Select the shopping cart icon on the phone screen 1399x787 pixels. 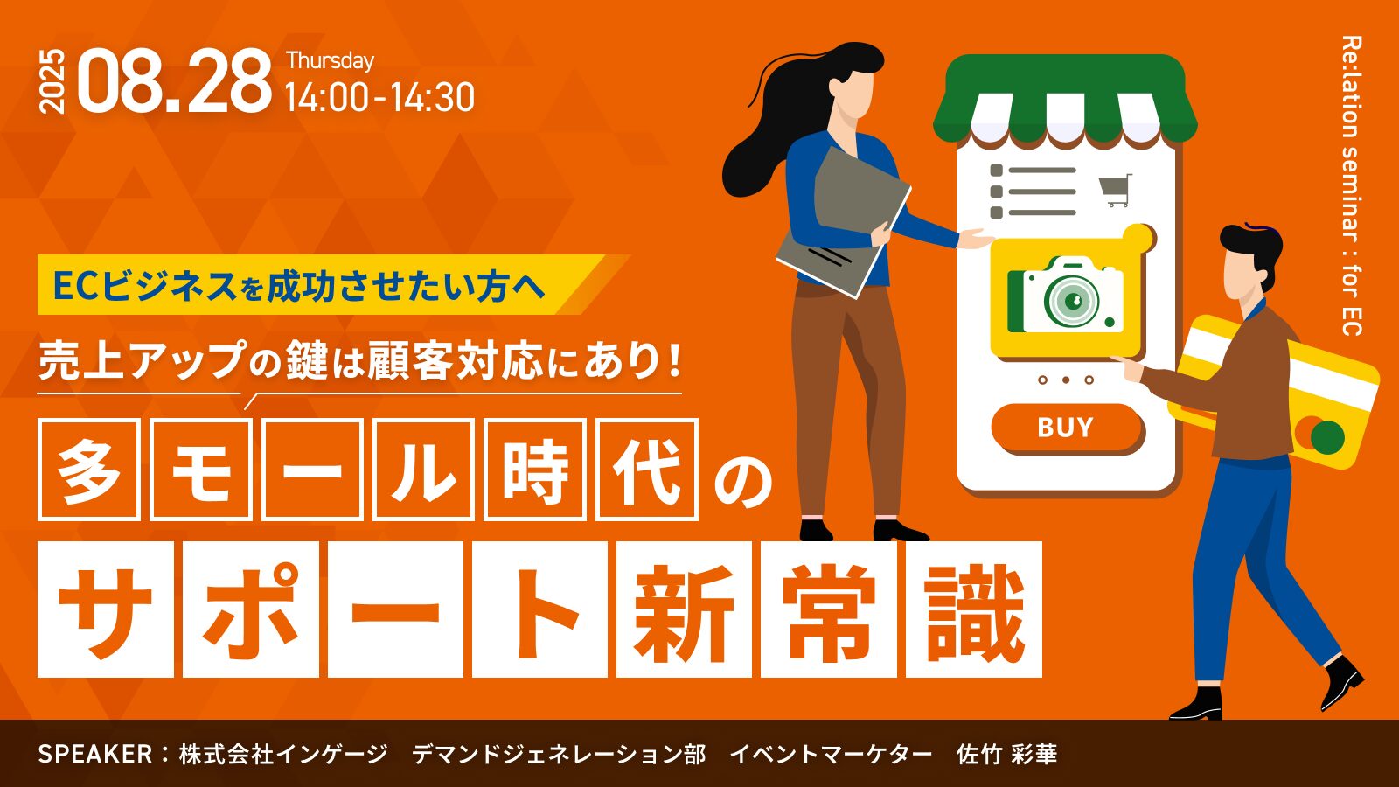[x=1116, y=190]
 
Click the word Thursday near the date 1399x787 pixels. [x=330, y=61]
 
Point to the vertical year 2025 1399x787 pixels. [x=52, y=81]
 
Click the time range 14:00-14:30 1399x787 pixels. [x=379, y=98]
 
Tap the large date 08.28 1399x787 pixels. [x=175, y=81]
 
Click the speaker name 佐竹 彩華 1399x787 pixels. [x=1006, y=754]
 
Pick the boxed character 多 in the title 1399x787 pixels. [x=88, y=470]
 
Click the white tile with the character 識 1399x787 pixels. [x=974, y=609]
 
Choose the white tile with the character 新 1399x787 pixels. [x=684, y=609]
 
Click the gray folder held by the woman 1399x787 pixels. [x=843, y=222]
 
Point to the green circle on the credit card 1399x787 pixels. [x=1328, y=436]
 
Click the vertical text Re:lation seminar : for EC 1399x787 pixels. [x=1352, y=186]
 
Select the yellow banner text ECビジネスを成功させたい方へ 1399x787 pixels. [x=299, y=285]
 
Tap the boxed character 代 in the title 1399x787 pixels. [x=646, y=470]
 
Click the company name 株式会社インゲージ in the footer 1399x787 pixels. [x=283, y=754]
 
